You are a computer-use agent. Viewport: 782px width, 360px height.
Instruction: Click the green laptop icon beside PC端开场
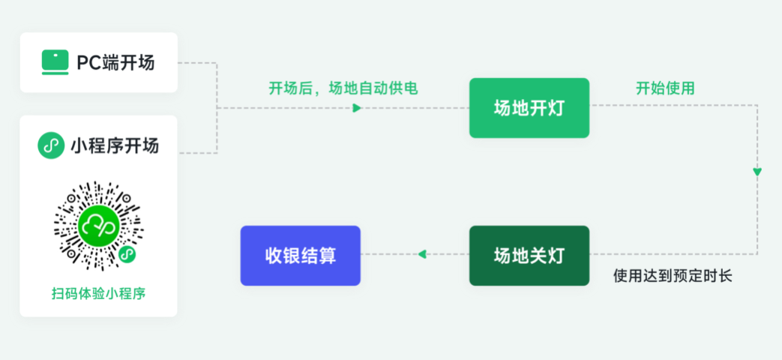[x=55, y=62]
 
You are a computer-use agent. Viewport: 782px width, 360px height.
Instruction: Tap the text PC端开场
[x=115, y=63]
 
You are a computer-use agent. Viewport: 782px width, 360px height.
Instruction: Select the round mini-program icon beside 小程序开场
[x=51, y=145]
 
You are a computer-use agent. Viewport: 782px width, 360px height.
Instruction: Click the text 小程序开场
[x=115, y=145]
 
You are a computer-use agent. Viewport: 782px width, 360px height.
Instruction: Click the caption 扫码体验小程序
[x=98, y=293]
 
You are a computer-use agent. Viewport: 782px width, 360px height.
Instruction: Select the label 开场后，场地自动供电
[x=343, y=88]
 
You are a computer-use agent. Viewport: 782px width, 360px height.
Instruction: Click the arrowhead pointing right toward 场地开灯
[x=357, y=108]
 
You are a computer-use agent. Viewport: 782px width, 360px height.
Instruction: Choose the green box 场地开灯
[x=529, y=108]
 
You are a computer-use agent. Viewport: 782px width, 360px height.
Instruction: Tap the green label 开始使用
[x=665, y=88]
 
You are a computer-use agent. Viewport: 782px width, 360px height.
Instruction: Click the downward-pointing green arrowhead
[x=757, y=172]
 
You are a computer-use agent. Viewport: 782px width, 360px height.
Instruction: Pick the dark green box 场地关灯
[x=529, y=256]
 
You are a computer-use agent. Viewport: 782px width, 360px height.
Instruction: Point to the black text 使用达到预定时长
[x=673, y=276]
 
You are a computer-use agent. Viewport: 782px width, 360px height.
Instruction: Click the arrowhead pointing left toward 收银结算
[x=422, y=254]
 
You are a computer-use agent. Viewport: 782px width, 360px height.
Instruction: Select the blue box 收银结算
[x=300, y=256]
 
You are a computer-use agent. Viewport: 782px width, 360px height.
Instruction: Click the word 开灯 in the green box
[x=547, y=108]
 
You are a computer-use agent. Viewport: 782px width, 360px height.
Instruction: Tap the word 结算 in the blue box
[x=318, y=256]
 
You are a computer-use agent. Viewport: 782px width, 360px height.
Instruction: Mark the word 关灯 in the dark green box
[x=547, y=256]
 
